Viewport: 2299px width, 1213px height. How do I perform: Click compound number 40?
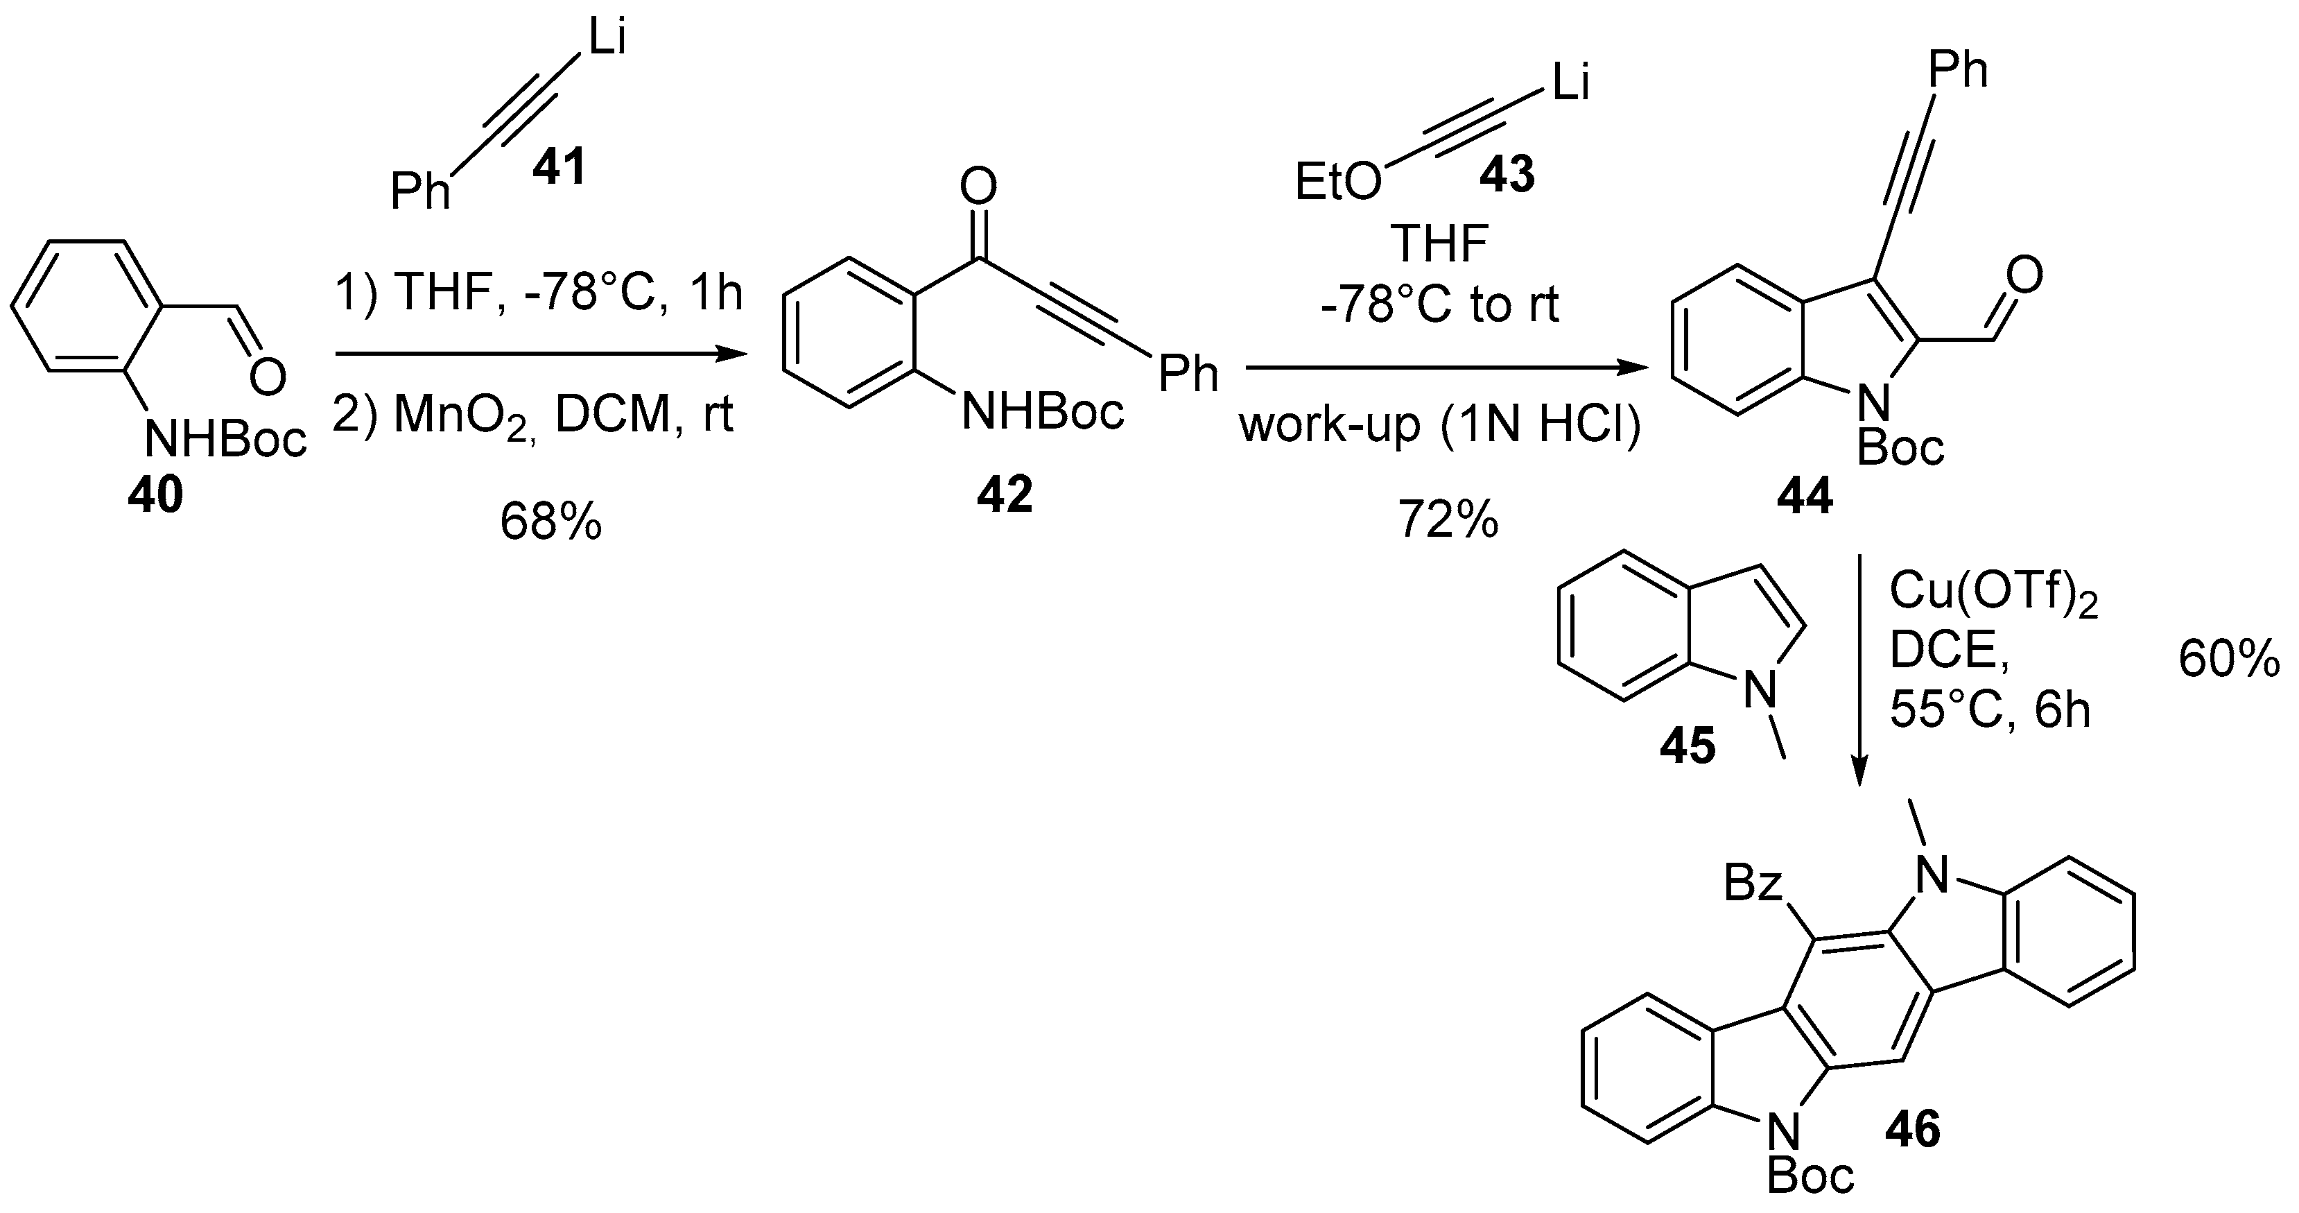pyautogui.click(x=155, y=494)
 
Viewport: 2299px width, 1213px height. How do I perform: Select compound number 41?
pyautogui.click(x=559, y=167)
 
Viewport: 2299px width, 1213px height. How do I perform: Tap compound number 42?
pyautogui.click(x=1004, y=494)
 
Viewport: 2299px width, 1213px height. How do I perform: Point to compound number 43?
pyautogui.click(x=1507, y=174)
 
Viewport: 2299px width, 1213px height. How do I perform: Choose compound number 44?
pyautogui.click(x=1804, y=494)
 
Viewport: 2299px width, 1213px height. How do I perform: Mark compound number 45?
pyautogui.click(x=1687, y=746)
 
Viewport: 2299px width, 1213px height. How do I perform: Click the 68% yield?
pyautogui.click(x=550, y=522)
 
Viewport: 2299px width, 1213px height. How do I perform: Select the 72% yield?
pyautogui.click(x=1448, y=519)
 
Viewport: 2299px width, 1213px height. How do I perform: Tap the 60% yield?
pyautogui.click(x=2228, y=662)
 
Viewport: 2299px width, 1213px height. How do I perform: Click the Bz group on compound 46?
pyautogui.click(x=1753, y=884)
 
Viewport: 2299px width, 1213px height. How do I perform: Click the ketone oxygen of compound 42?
pyautogui.click(x=978, y=187)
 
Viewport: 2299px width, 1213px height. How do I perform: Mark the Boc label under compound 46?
pyautogui.click(x=1811, y=1178)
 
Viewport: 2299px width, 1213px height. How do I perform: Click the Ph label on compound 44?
pyautogui.click(x=1958, y=69)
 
